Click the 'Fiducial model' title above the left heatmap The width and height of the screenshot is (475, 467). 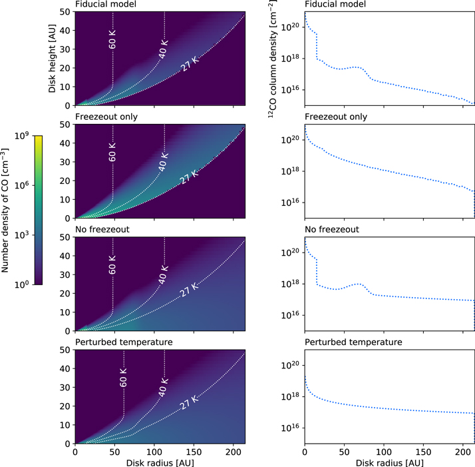104,5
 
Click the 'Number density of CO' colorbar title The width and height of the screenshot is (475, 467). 6,210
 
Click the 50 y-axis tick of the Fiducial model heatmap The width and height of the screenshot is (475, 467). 65,12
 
